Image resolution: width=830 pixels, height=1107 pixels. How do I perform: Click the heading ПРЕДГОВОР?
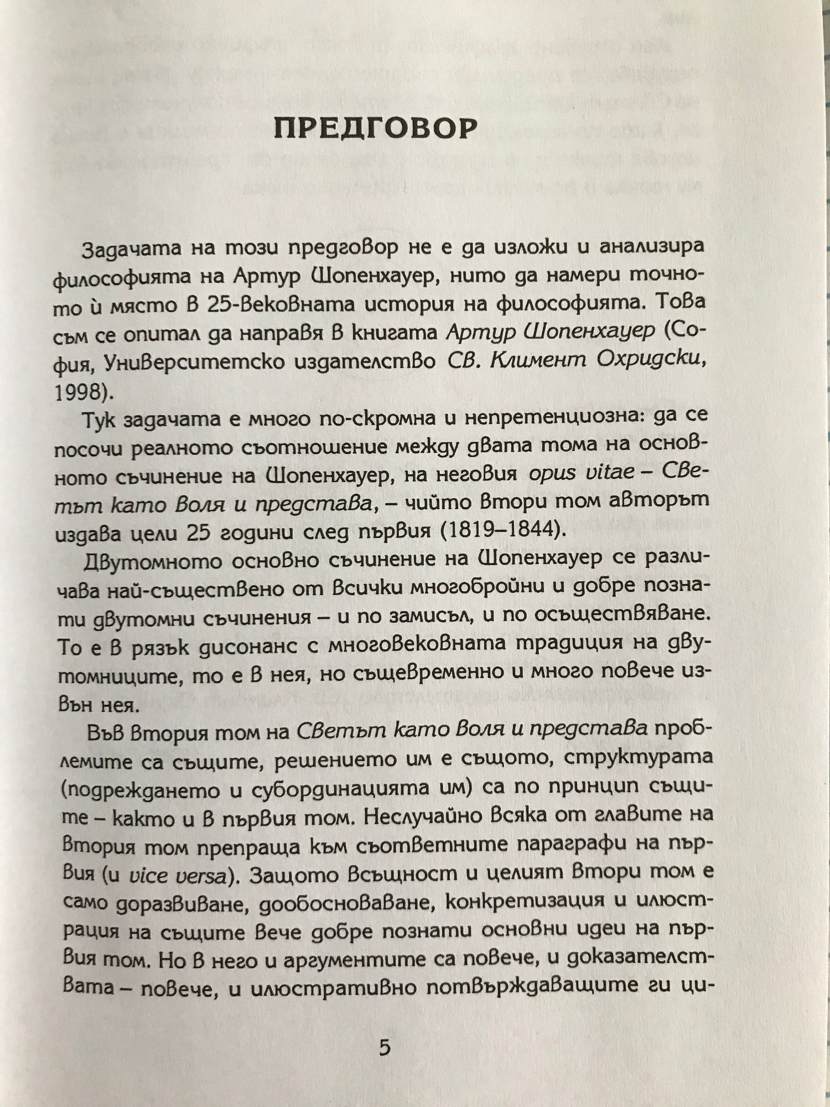(376, 128)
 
